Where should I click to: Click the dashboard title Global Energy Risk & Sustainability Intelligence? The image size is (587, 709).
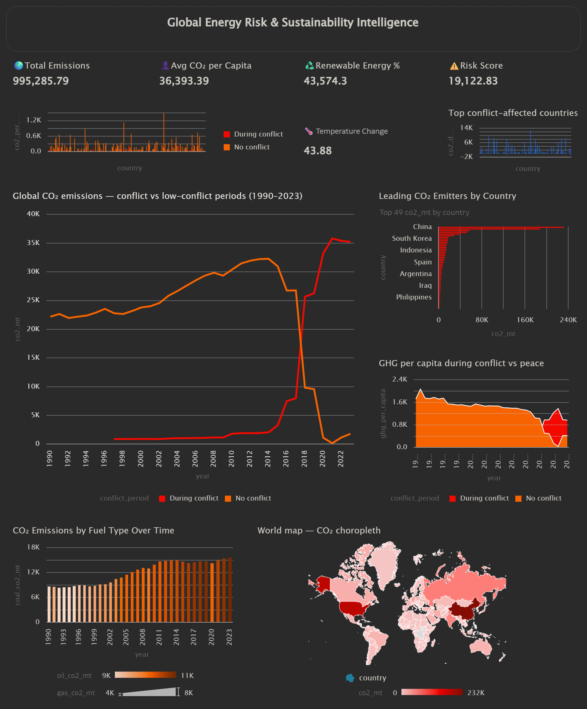(293, 22)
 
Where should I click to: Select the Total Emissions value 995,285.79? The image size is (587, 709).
(41, 81)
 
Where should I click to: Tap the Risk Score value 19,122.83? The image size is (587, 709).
(473, 81)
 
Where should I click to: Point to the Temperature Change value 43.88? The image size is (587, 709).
(317, 151)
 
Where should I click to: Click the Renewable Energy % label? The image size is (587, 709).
(357, 65)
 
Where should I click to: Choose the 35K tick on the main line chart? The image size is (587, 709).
(33, 243)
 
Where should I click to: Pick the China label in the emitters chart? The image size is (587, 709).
(422, 227)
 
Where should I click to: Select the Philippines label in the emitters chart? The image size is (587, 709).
(414, 297)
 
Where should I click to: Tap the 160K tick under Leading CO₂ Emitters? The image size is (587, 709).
(525, 320)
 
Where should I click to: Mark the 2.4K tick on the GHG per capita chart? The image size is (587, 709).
(400, 379)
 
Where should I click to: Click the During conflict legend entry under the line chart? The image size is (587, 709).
(194, 498)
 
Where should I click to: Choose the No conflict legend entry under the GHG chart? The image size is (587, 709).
(543, 498)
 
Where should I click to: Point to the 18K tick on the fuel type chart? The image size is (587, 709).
(33, 547)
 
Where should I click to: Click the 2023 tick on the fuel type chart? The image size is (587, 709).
(229, 637)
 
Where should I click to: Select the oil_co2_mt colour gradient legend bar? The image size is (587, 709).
(145, 675)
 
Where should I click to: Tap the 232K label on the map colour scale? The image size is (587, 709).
(476, 692)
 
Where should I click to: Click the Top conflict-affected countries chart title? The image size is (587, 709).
(513, 113)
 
